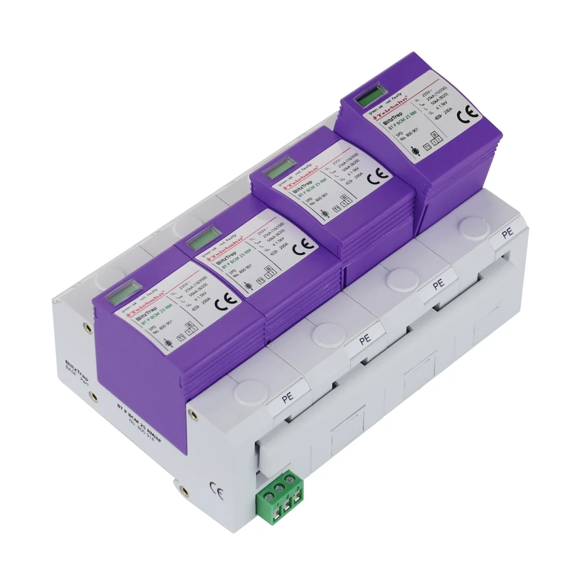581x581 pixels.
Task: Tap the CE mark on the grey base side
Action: (213, 487)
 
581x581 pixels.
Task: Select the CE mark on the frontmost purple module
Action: (222, 303)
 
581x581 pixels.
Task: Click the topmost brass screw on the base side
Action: (88, 327)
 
